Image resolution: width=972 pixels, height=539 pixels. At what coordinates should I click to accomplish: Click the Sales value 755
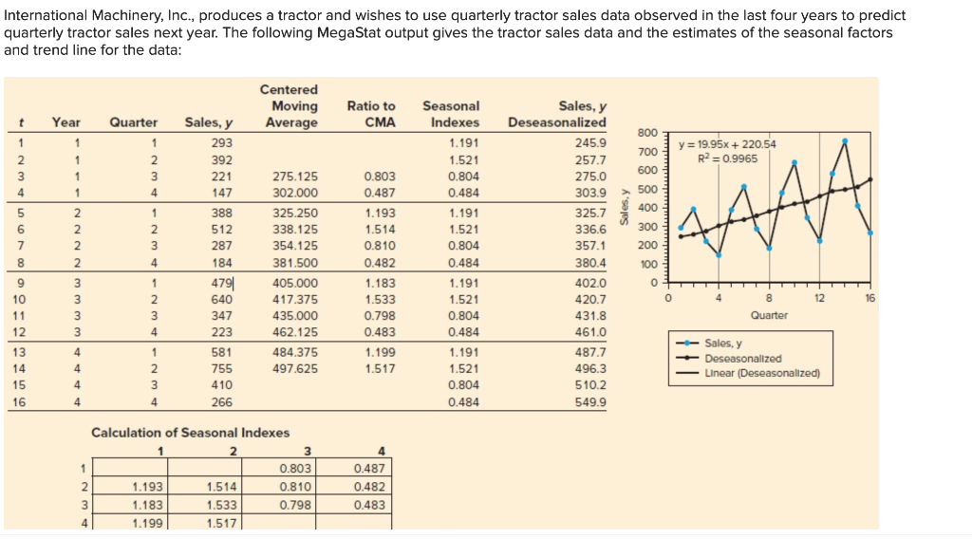point(222,368)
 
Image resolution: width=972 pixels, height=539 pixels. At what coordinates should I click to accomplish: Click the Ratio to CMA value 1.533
point(380,300)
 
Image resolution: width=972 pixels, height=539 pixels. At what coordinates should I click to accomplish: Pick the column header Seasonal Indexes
point(451,114)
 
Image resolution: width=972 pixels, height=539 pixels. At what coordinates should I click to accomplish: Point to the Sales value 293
point(222,142)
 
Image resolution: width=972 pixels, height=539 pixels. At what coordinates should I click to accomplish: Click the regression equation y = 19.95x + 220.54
point(728,144)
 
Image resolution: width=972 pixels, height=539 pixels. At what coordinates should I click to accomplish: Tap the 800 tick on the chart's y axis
point(647,132)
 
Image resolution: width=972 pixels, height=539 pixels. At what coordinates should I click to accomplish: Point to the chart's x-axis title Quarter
point(769,315)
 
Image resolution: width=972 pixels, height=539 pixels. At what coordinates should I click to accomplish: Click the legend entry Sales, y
point(724,344)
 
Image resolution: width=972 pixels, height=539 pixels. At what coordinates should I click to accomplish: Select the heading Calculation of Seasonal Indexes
point(190,433)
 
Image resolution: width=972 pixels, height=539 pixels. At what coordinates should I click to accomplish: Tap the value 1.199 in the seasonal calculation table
point(146,522)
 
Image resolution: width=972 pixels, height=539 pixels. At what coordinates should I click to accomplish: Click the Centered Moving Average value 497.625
point(294,368)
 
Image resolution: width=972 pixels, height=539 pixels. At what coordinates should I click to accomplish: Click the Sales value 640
point(222,300)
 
